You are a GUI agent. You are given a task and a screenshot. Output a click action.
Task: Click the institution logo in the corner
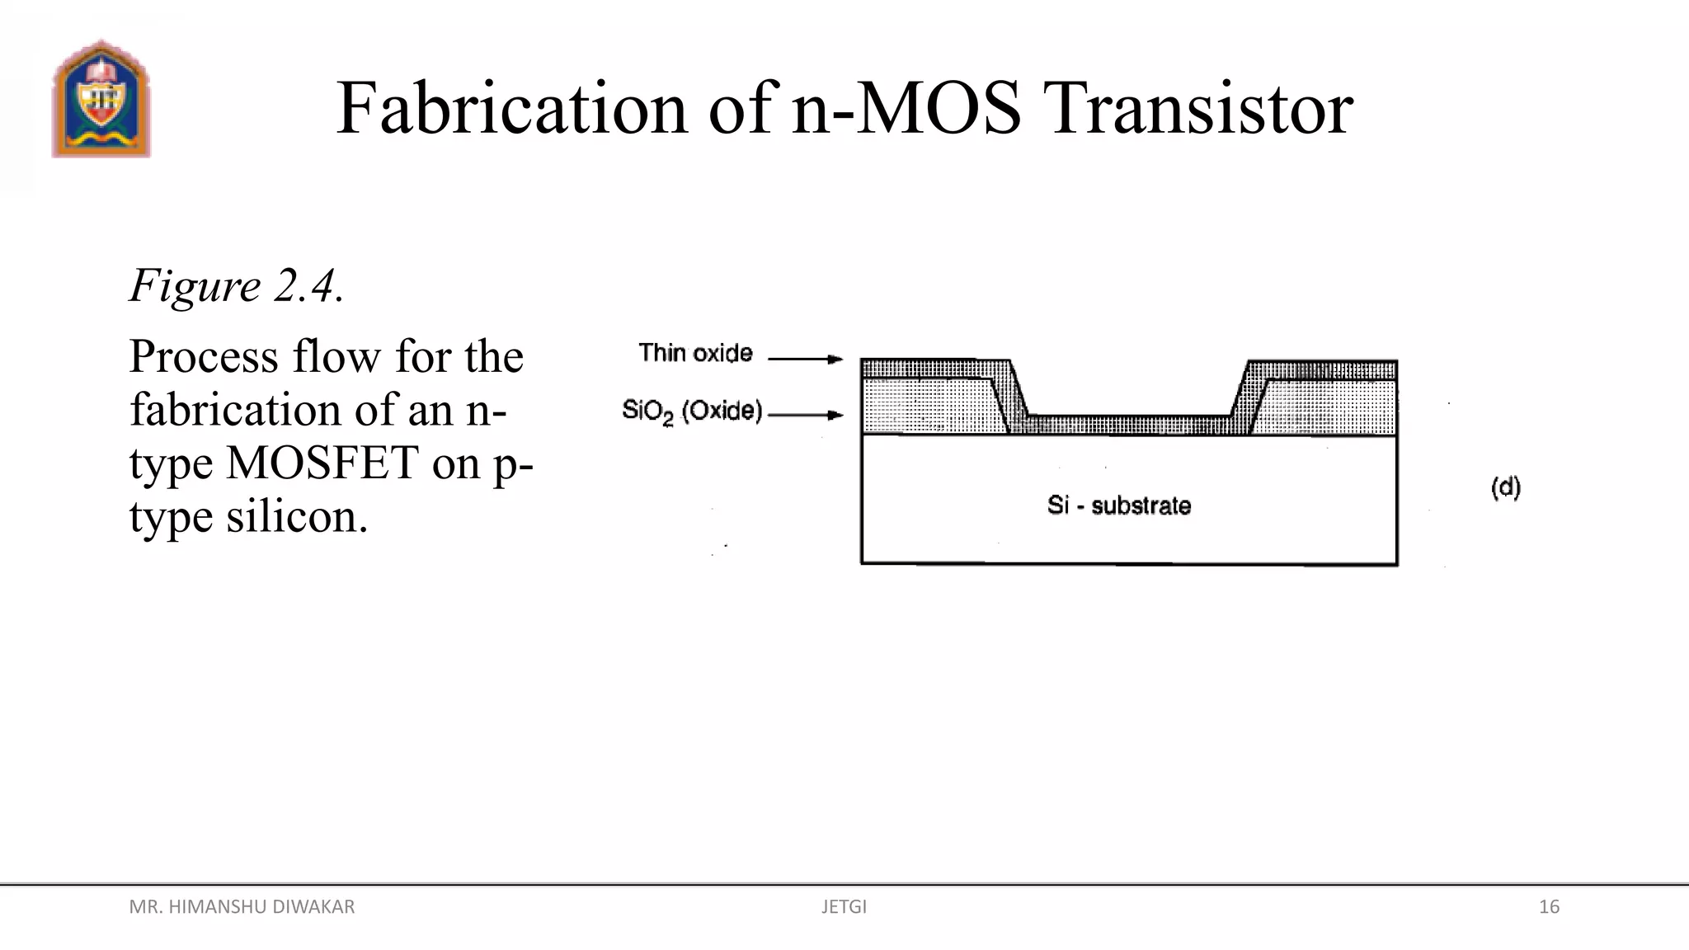point(101,99)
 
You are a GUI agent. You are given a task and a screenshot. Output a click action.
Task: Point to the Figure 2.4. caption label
point(236,286)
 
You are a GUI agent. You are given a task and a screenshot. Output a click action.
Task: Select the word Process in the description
point(204,357)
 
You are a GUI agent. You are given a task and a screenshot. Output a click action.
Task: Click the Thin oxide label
point(695,353)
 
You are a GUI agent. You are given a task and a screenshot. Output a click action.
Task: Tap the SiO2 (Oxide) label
point(692,411)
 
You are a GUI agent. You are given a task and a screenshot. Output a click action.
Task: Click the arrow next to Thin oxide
point(805,359)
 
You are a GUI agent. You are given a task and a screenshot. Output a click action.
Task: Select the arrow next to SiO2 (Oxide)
point(805,415)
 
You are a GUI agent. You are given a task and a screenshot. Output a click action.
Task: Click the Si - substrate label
point(1119,505)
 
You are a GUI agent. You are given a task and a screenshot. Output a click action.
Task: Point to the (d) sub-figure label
point(1506,487)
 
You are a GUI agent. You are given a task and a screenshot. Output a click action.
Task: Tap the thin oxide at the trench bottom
point(1130,424)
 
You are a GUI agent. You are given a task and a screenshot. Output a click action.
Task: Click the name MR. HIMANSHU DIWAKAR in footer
point(242,907)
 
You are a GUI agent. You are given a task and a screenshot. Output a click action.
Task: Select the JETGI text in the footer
point(844,907)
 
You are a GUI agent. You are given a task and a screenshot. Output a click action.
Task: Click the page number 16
point(1549,907)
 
